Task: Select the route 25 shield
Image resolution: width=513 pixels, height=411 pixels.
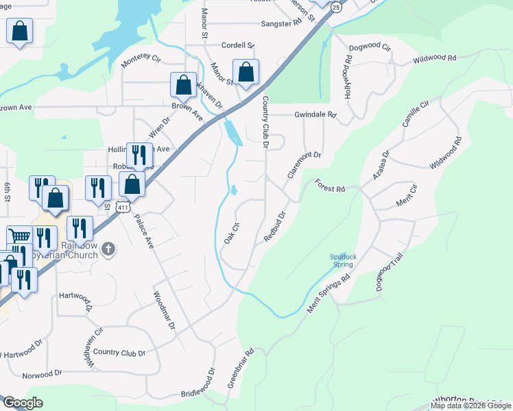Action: coord(335,7)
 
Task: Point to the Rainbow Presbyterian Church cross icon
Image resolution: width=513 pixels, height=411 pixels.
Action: coord(108,250)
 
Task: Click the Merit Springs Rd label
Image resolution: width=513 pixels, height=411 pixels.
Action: coord(329,295)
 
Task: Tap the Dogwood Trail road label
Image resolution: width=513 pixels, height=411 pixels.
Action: coord(389,273)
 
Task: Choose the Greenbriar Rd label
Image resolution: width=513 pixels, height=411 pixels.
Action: coord(240,366)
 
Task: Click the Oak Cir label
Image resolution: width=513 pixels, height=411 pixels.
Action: coord(230,234)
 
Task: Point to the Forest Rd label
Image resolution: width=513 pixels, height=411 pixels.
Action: coord(330,186)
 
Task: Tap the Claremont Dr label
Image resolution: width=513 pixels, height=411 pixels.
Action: coord(304,165)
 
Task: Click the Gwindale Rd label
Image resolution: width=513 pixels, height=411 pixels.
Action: coord(315,115)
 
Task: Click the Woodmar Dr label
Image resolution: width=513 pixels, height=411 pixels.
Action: coord(163,310)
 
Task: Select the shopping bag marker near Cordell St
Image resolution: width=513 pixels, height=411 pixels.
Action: coord(246,72)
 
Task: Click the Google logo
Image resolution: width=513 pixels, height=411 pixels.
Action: coord(22,403)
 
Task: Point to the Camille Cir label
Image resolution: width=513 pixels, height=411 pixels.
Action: coord(415,113)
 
